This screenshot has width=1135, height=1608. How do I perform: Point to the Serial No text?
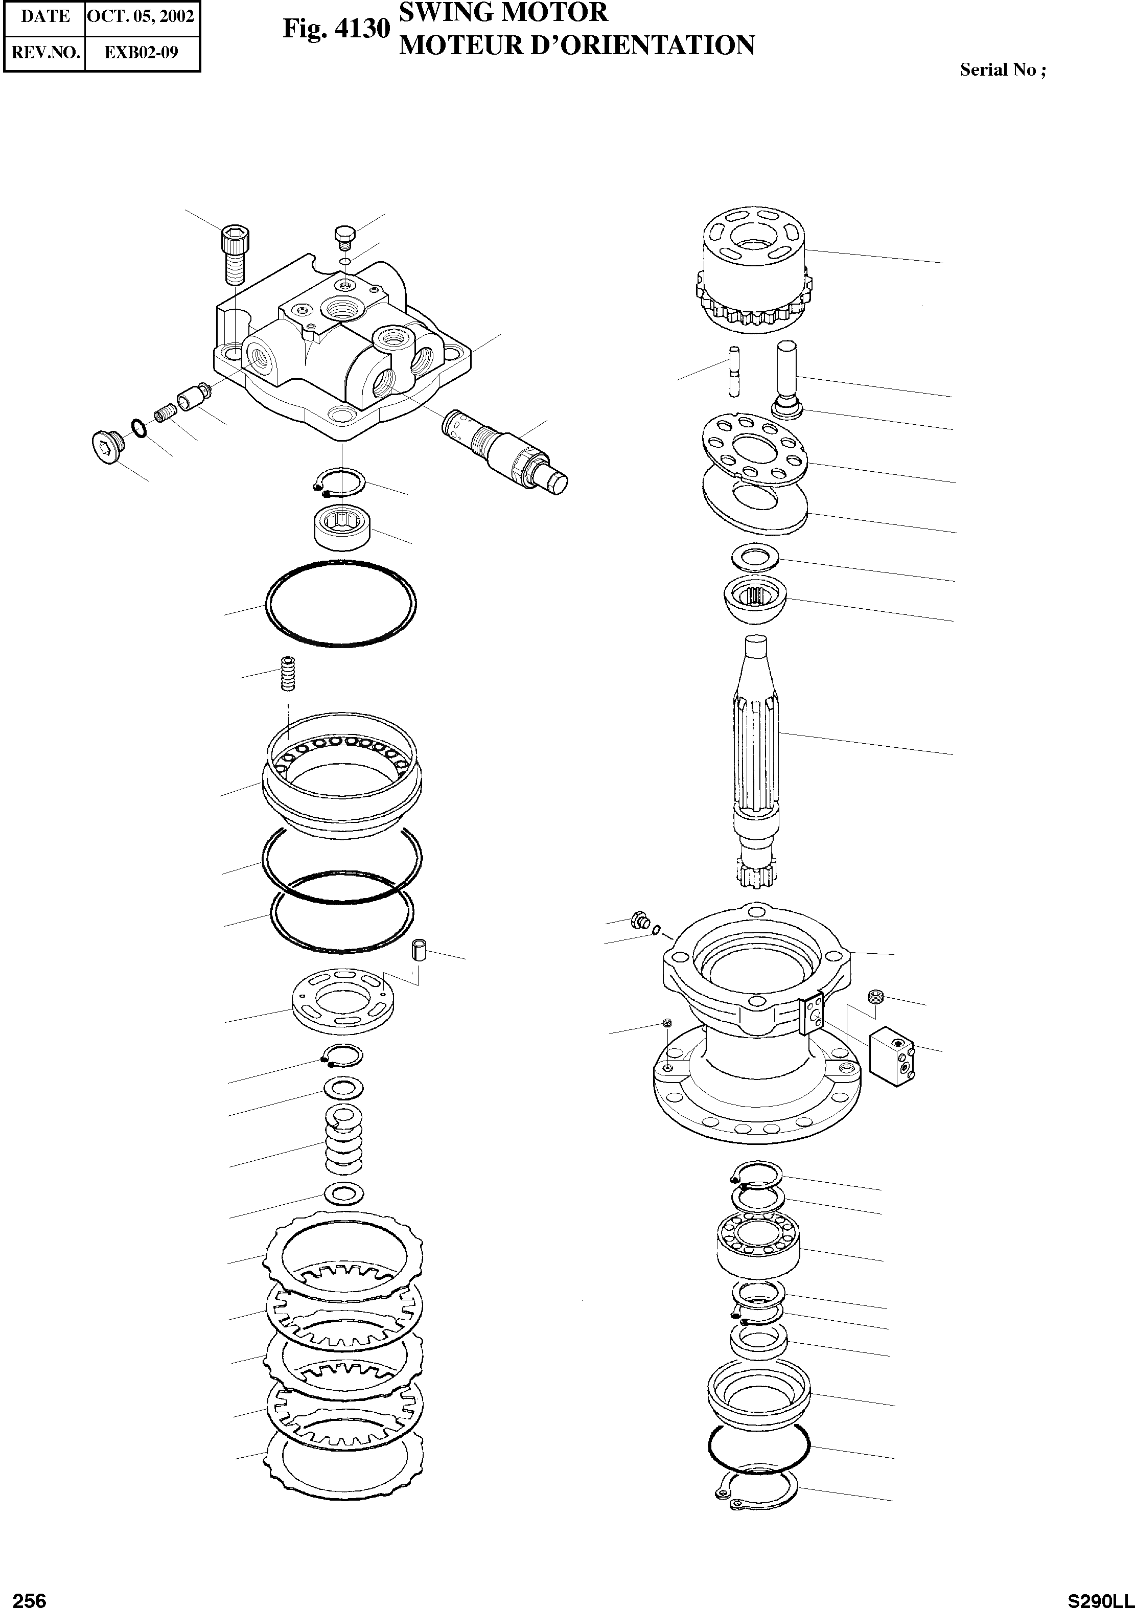coord(1003,70)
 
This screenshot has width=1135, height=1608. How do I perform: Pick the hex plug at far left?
coord(107,443)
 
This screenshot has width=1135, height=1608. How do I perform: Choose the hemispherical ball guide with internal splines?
coord(755,602)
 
